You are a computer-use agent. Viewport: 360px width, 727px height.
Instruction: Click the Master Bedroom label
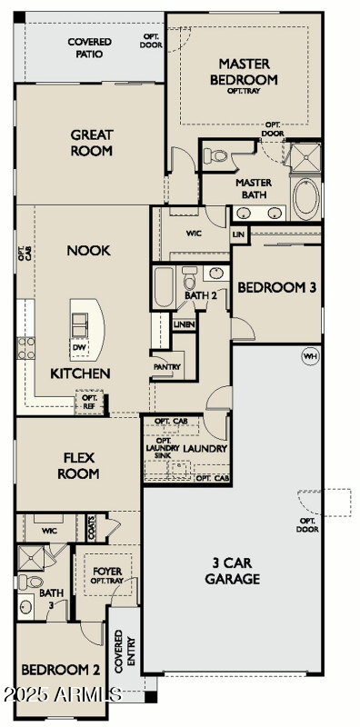(248, 72)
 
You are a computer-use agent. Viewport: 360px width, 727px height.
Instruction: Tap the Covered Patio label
(90, 48)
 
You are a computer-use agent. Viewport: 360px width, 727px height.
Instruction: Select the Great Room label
(92, 143)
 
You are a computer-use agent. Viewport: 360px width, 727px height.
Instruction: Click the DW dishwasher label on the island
(78, 346)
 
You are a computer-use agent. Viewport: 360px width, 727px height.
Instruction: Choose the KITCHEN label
(80, 373)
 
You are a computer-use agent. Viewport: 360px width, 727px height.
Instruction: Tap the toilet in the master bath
(217, 156)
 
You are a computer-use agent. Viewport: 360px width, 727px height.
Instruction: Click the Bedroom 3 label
(277, 288)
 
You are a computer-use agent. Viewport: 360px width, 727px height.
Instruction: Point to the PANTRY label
(167, 367)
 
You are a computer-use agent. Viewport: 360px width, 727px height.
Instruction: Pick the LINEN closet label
(185, 324)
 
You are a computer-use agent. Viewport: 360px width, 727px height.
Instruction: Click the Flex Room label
(78, 466)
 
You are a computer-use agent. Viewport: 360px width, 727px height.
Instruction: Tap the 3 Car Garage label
(233, 571)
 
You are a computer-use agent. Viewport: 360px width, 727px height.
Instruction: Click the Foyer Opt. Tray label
(107, 575)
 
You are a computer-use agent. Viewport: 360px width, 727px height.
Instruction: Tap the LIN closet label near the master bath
(239, 234)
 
